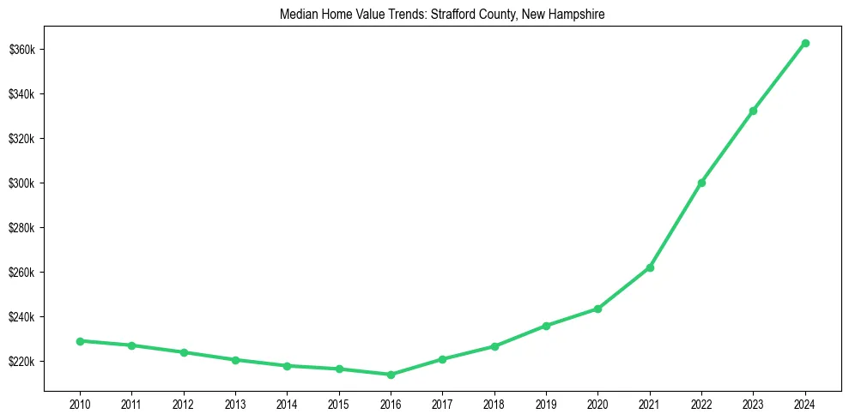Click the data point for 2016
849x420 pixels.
click(x=391, y=375)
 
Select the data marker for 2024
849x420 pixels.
click(x=805, y=43)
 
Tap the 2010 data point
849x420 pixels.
click(x=80, y=341)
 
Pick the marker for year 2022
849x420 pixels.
click(x=701, y=183)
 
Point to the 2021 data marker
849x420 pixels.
click(x=650, y=267)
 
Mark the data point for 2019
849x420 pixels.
click(x=546, y=326)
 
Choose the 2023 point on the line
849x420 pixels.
click(x=753, y=111)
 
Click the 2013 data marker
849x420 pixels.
click(x=235, y=360)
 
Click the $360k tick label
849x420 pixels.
click(x=21, y=50)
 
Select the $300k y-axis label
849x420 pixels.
click(x=21, y=183)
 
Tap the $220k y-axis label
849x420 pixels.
click(x=21, y=362)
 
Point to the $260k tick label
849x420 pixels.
click(x=21, y=273)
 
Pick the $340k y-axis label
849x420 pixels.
click(x=21, y=94)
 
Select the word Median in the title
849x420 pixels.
click(x=296, y=15)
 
